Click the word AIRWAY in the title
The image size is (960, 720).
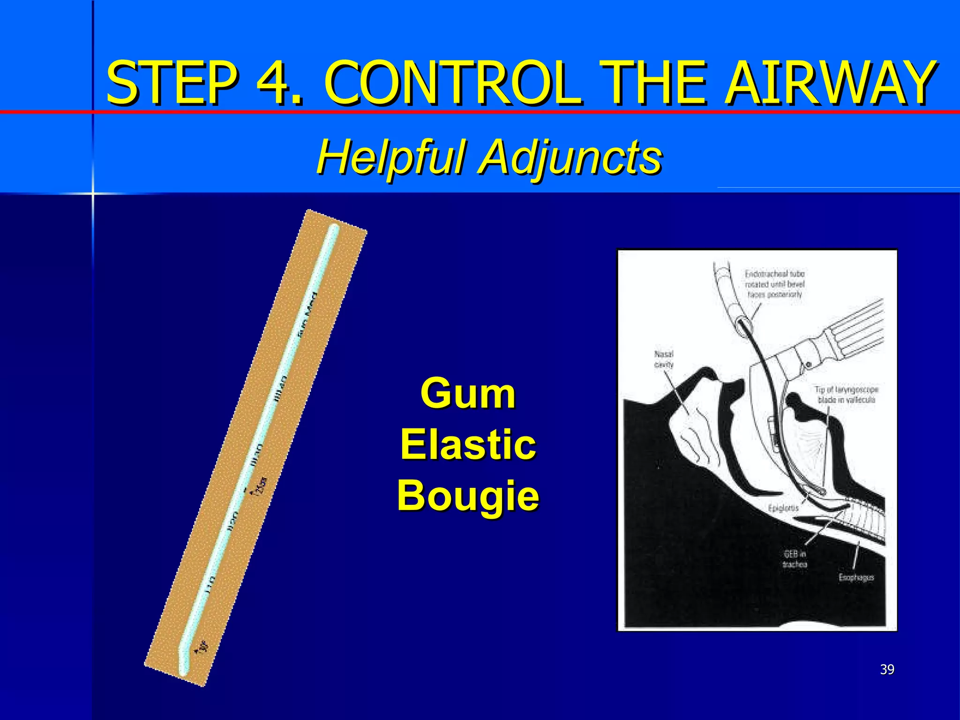(829, 83)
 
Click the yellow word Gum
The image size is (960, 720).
(468, 394)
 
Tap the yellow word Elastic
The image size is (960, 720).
(468, 445)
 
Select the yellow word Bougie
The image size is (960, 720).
(468, 496)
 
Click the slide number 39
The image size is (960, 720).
(887, 669)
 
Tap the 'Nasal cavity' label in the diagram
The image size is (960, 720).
(664, 359)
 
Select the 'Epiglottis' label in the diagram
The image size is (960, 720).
(783, 508)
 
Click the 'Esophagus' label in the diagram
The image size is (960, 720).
(856, 577)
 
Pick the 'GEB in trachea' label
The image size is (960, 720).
(795, 559)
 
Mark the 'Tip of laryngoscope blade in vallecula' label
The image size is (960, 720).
(847, 395)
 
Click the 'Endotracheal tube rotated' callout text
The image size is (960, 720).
(775, 284)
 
